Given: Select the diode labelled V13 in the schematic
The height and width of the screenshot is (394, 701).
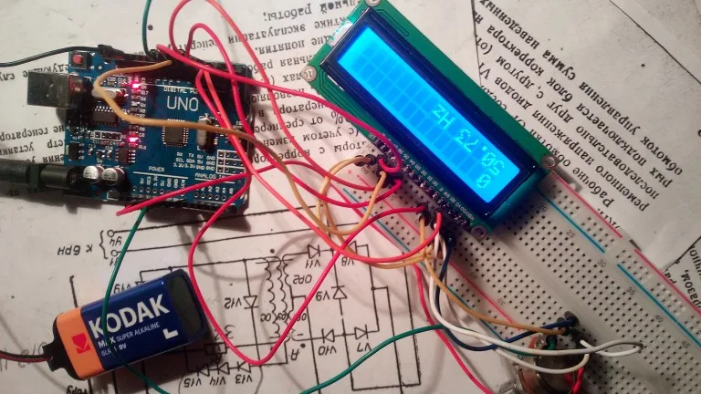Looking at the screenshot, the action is (x=236, y=368).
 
